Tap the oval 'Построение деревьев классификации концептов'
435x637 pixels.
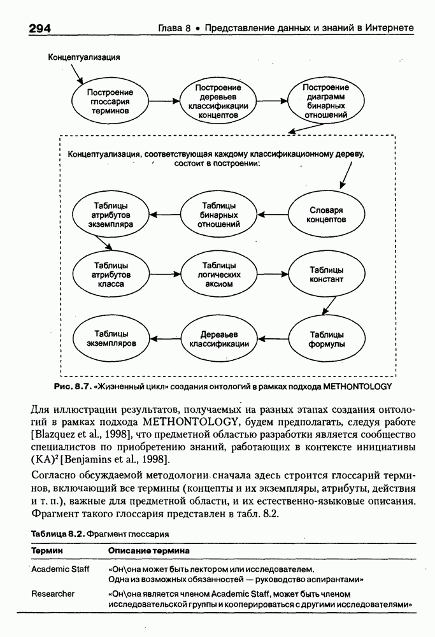click(x=218, y=101)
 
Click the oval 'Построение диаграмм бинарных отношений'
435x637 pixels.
click(x=326, y=101)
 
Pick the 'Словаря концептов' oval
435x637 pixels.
click(x=327, y=215)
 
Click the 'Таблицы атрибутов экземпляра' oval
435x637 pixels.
click(x=110, y=215)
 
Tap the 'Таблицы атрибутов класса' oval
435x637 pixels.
click(x=110, y=275)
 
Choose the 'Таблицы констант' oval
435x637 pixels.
click(x=327, y=275)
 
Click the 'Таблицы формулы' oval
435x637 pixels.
click(x=327, y=338)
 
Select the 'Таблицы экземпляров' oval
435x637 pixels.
click(x=110, y=338)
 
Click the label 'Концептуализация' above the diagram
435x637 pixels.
click(x=85, y=57)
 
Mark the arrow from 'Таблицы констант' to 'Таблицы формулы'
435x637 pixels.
click(x=327, y=306)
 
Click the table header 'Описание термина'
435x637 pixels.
click(x=148, y=550)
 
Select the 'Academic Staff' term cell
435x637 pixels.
click(x=61, y=568)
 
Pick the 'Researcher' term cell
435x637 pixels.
click(x=53, y=594)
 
